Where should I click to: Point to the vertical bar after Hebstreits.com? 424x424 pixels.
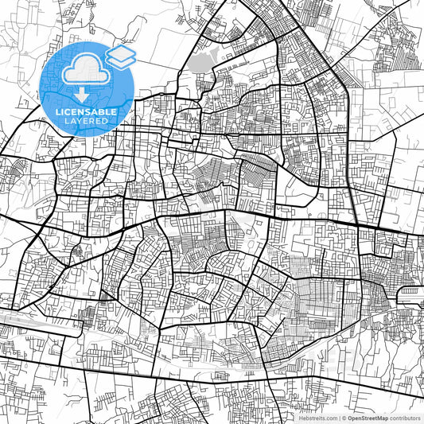point(337,417)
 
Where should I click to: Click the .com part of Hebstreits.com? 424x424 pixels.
point(329,417)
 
